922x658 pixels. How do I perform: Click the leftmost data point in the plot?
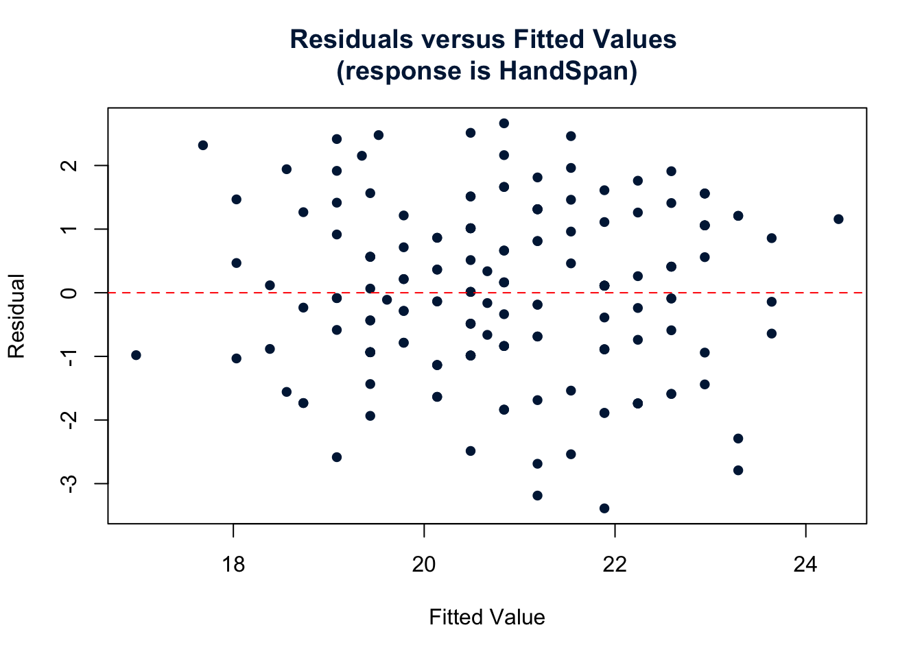click(x=136, y=355)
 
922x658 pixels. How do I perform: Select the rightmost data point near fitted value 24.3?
click(x=838, y=219)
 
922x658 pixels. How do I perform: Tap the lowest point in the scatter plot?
click(x=604, y=509)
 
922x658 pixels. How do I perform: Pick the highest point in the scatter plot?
click(x=504, y=123)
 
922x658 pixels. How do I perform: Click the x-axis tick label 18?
click(x=233, y=565)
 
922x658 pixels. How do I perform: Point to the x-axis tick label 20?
click(x=424, y=565)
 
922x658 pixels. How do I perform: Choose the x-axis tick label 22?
click(x=615, y=565)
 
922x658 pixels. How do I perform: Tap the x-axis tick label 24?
click(x=805, y=565)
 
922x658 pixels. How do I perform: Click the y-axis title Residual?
click(x=16, y=316)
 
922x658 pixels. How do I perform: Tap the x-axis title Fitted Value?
click(x=487, y=618)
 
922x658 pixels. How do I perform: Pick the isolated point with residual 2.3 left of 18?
click(x=203, y=145)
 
